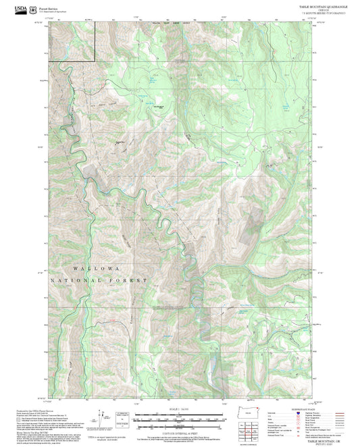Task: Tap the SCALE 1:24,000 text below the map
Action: (179, 407)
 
